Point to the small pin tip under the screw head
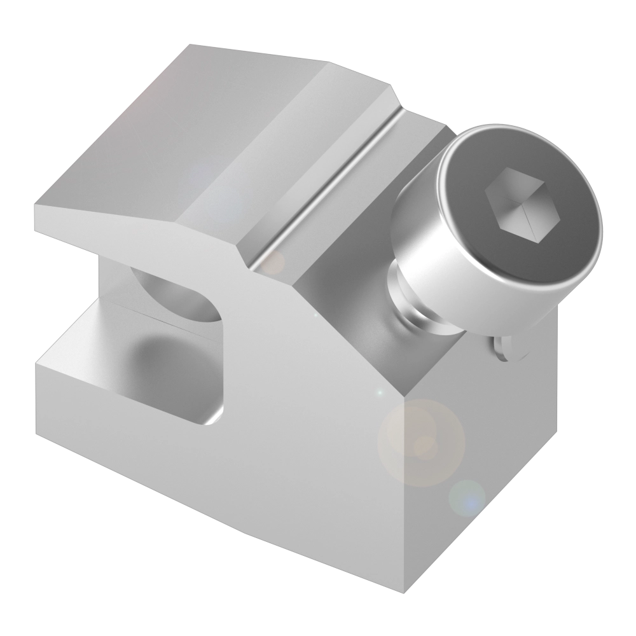509,347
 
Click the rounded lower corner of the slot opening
213,417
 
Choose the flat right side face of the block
490,458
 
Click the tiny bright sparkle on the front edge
379,392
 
